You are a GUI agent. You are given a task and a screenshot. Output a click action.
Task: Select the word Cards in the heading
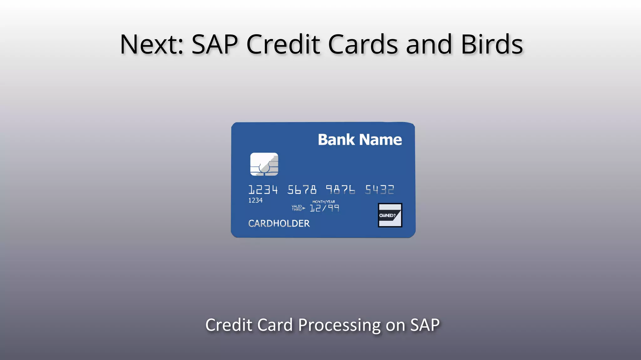(x=363, y=45)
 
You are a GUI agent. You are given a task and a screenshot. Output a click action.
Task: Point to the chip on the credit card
(x=264, y=164)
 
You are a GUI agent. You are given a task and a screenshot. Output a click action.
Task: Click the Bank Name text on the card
(x=360, y=140)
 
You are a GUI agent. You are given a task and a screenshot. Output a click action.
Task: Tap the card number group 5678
(x=302, y=190)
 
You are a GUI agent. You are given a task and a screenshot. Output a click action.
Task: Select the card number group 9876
(x=341, y=190)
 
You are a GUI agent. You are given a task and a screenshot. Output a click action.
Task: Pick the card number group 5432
(x=379, y=190)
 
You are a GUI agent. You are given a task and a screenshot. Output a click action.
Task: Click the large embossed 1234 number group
(x=263, y=190)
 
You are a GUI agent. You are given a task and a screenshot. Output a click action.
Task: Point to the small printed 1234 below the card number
(x=255, y=200)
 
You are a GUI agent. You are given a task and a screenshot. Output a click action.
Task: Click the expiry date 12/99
(x=324, y=208)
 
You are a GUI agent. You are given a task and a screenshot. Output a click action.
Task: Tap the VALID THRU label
(x=297, y=208)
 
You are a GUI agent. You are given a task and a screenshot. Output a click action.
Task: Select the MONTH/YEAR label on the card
(x=324, y=202)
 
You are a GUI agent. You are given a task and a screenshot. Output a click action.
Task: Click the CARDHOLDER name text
(x=279, y=223)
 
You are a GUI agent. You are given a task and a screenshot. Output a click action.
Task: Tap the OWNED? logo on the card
(x=390, y=215)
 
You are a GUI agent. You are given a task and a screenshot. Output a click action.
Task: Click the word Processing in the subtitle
(x=339, y=325)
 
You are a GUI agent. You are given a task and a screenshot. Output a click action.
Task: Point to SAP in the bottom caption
(x=425, y=325)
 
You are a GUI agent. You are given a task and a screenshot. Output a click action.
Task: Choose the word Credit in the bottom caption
(x=229, y=325)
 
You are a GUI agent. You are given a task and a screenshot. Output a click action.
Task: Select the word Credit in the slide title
(x=283, y=45)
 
